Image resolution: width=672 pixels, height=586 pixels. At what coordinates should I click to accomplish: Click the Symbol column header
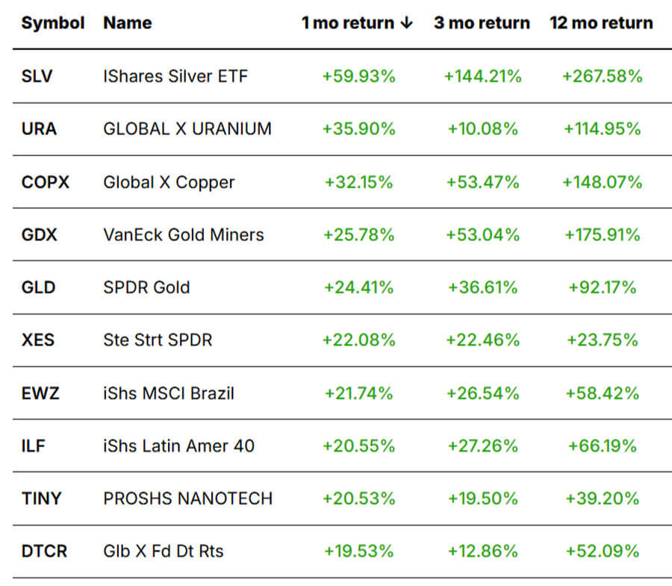tap(52, 23)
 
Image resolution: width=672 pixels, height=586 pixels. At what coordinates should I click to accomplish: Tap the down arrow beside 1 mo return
tap(406, 23)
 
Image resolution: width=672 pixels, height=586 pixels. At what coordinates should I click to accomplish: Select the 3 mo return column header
tap(482, 23)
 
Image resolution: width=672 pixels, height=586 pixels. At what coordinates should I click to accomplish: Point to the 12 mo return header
tap(601, 23)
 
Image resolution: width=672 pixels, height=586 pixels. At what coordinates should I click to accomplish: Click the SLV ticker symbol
tap(37, 76)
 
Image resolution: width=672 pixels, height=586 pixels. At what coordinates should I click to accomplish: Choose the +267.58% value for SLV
tap(602, 76)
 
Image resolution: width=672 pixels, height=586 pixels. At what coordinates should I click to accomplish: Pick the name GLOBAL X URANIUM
tap(187, 129)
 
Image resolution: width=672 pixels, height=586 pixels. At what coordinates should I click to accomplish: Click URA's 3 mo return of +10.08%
tap(482, 129)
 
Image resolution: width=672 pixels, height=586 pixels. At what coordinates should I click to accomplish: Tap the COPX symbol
tap(45, 182)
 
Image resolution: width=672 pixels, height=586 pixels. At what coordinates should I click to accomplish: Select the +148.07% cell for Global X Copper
tap(602, 182)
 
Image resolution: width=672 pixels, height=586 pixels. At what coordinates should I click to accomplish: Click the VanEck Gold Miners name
tap(184, 235)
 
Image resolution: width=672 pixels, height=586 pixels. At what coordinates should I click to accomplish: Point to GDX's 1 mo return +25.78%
tap(358, 235)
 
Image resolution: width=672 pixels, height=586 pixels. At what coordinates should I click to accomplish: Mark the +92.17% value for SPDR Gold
tap(602, 287)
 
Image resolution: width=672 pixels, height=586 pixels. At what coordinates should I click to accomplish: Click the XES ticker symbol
tap(37, 340)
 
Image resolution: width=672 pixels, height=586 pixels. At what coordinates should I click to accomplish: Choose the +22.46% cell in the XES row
tap(482, 340)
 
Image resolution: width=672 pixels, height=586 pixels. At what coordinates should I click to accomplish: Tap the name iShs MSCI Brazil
tap(169, 393)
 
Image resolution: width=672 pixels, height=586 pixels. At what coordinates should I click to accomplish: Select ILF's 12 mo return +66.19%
tap(602, 446)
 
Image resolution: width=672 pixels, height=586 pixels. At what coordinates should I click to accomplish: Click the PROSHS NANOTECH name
tap(187, 499)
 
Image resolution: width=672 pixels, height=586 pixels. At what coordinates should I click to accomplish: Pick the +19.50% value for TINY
tap(482, 499)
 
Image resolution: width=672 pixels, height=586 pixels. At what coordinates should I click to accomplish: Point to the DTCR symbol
tap(44, 552)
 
